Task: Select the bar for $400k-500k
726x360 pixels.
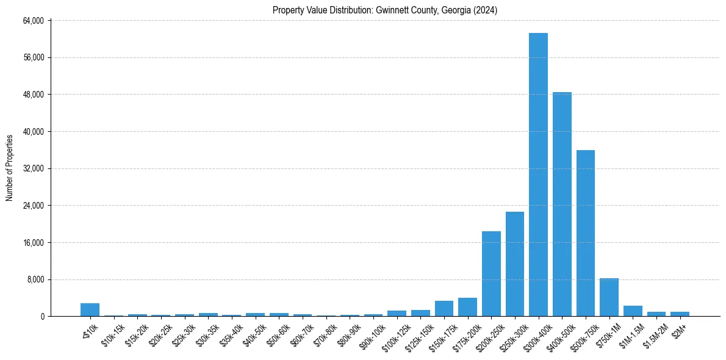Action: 562,204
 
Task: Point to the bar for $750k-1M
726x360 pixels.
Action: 609,297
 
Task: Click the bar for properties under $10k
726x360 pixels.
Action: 90,310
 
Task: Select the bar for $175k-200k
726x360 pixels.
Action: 467,307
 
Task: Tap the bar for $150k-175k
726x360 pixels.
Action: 444,309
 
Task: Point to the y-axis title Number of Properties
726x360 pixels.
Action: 10,168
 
